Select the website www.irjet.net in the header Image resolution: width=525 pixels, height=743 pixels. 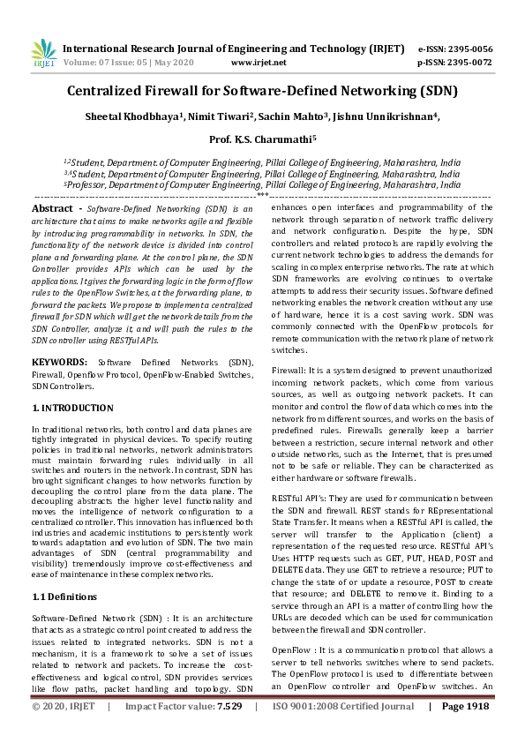[x=259, y=63]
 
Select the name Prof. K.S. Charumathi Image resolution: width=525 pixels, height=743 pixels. [x=261, y=139]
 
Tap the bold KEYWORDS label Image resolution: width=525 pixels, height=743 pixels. [x=59, y=363]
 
